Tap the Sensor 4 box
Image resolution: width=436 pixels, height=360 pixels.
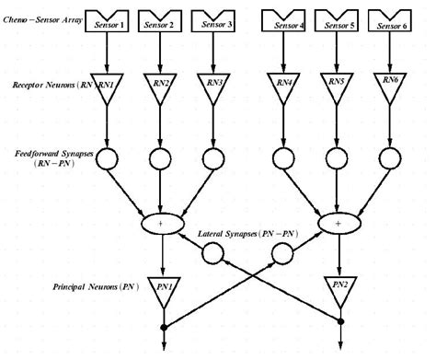286,17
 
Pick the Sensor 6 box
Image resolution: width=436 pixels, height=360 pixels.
394,17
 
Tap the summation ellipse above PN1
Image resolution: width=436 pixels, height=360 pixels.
164,222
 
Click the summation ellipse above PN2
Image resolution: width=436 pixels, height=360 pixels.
339,222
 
